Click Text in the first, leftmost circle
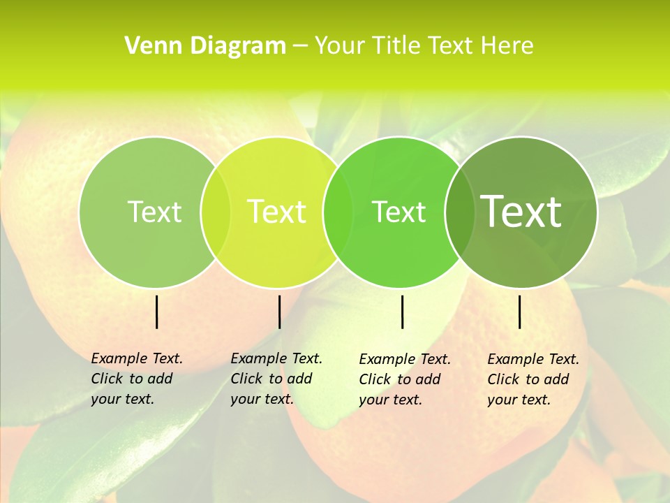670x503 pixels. click(154, 212)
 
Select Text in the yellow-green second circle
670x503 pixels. click(276, 212)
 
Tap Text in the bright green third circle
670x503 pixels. click(399, 212)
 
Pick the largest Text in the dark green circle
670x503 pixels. click(521, 211)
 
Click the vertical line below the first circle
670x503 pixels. click(157, 312)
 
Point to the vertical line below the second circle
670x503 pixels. click(279, 312)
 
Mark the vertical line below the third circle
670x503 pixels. click(403, 312)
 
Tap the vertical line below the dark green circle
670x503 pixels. click(519, 312)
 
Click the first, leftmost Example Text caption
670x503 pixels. click(136, 379)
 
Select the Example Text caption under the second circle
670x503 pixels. click(276, 379)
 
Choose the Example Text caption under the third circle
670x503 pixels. click(404, 379)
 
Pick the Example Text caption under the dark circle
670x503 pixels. click(533, 379)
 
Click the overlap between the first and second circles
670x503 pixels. click(216, 212)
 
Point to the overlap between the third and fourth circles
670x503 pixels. click(457, 212)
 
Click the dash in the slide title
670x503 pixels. click(300, 46)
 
